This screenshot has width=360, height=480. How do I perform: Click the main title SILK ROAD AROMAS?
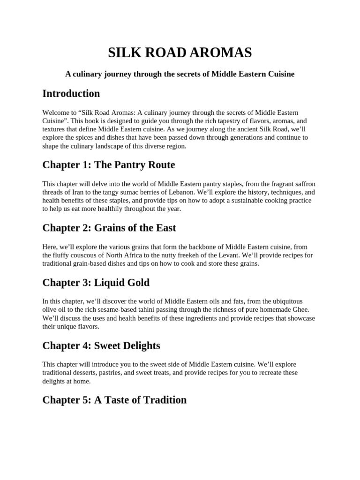click(180, 53)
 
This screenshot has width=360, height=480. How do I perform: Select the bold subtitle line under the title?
click(180, 74)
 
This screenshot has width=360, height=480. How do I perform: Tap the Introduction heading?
click(71, 93)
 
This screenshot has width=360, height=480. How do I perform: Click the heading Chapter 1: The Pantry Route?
click(109, 165)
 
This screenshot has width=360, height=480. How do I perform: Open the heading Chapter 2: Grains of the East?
click(109, 228)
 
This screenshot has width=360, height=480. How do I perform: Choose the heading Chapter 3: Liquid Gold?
click(96, 283)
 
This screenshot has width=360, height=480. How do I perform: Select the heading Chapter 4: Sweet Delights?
click(101, 346)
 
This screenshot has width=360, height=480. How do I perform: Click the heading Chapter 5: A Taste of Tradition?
click(114, 400)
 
